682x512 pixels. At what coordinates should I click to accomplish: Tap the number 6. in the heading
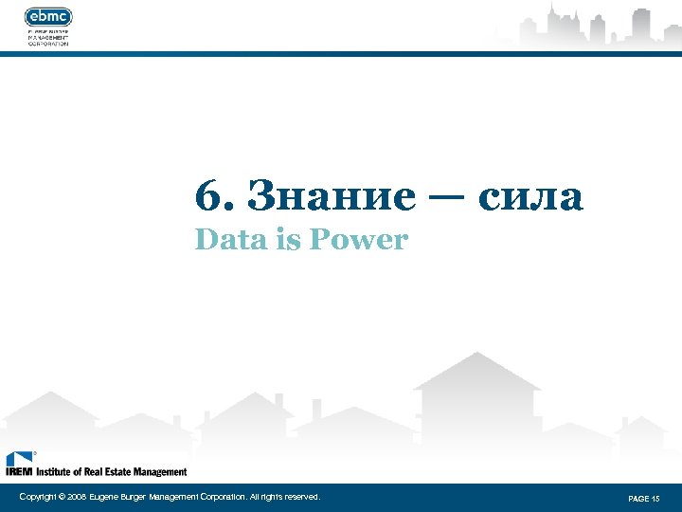coord(209,196)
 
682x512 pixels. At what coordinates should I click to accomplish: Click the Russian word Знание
coord(331,196)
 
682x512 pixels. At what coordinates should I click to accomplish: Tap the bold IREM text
coord(19,471)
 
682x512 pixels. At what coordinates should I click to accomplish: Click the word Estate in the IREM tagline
coord(125,471)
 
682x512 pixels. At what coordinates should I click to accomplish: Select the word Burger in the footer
coord(132,497)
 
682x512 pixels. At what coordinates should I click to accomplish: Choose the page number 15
coord(655,498)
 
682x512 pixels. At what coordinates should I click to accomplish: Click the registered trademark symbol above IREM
coord(35,454)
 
